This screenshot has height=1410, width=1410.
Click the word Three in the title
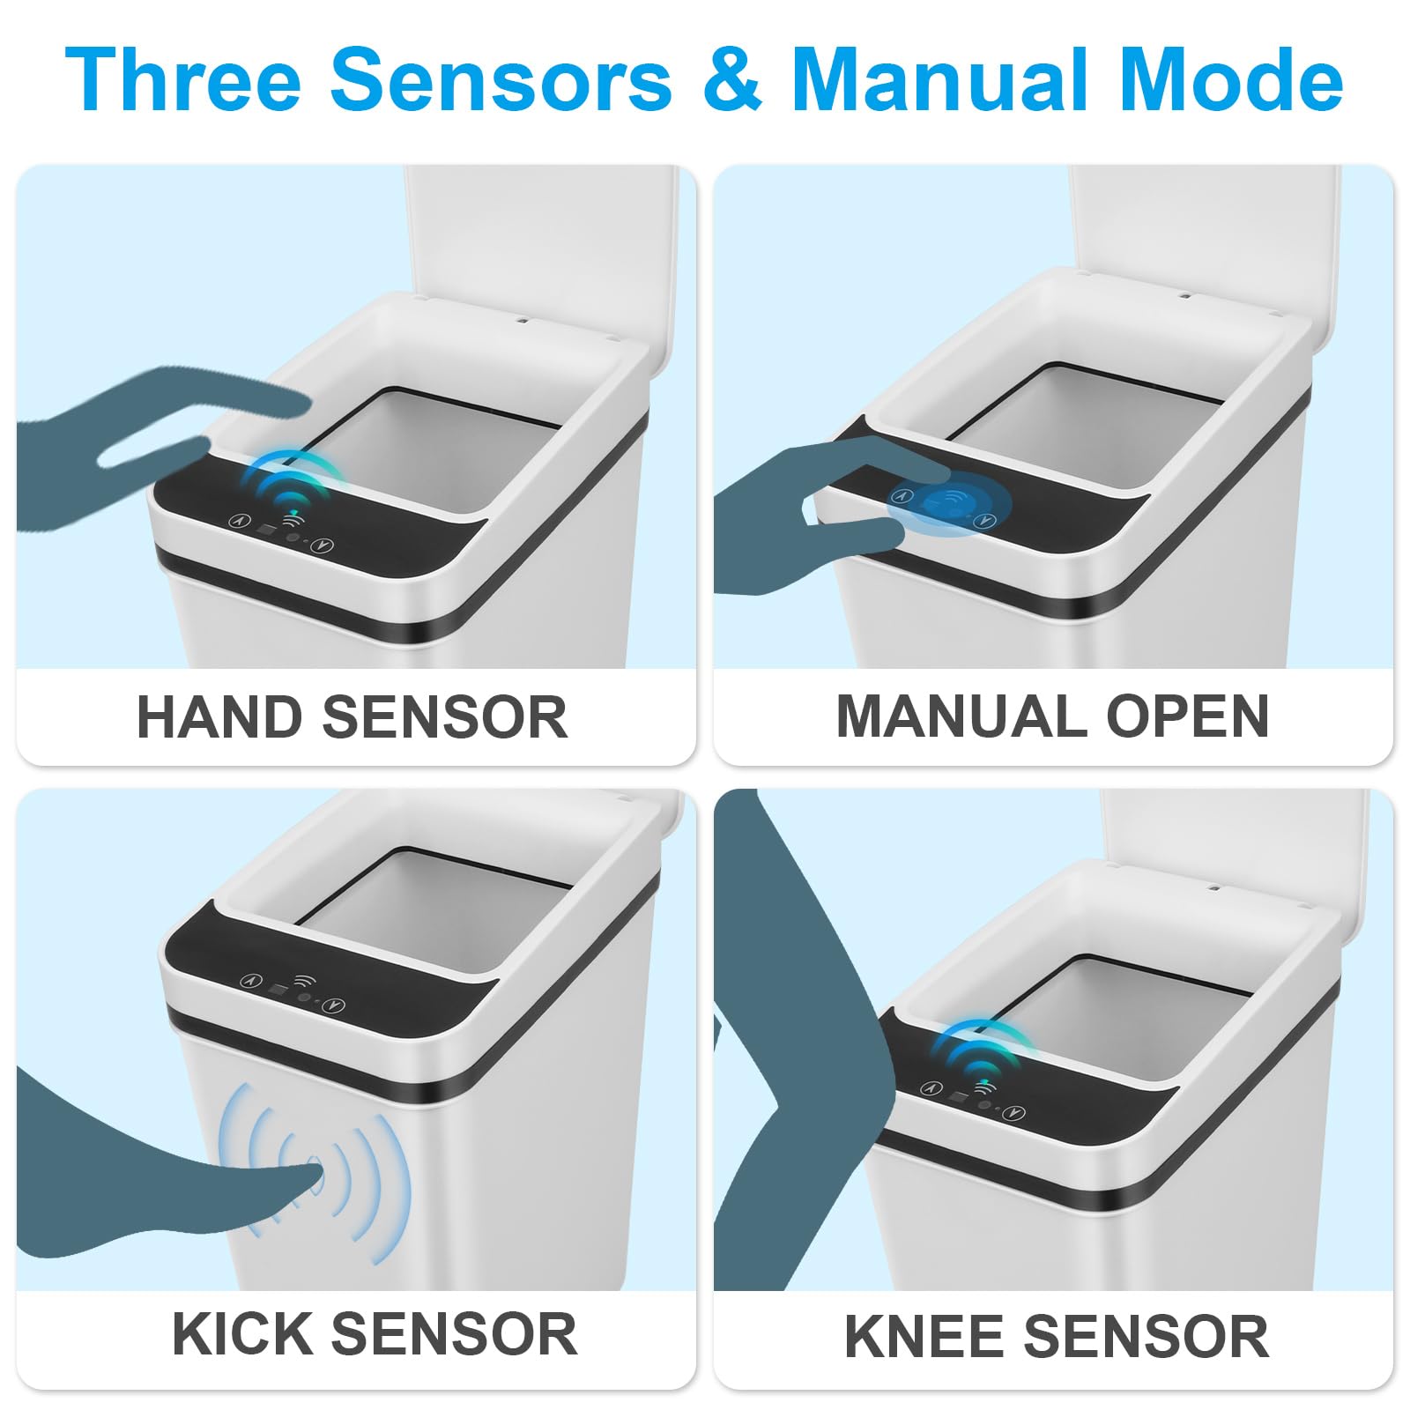[x=183, y=79]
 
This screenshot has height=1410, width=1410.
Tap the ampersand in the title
[x=732, y=79]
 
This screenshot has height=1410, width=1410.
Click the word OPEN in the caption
[x=1187, y=716]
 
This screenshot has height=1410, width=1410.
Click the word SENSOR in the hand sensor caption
[x=445, y=716]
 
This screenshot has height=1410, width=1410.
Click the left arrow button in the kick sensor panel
[x=252, y=980]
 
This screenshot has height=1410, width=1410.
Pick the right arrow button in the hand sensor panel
[x=324, y=545]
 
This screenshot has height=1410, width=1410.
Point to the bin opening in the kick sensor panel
[x=423, y=908]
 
